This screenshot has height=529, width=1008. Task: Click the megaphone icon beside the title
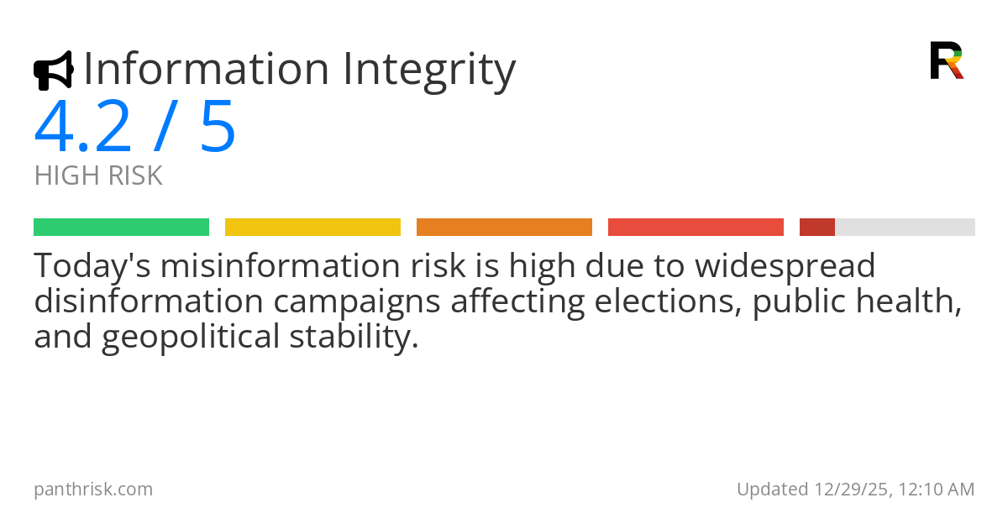53,71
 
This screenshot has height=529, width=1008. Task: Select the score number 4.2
82,128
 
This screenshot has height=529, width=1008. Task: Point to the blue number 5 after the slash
218,128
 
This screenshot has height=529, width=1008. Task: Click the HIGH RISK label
98,176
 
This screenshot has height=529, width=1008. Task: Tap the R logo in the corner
946,60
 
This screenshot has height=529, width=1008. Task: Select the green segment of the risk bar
121,228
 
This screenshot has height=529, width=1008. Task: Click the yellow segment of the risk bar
312,228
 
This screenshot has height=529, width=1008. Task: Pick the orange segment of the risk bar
504,228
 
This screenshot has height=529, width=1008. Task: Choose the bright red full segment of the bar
696,228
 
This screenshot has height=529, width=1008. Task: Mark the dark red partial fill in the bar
816,228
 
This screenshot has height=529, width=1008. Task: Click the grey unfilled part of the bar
905,228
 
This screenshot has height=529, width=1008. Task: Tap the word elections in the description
667,301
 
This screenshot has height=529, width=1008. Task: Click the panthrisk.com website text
93,490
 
